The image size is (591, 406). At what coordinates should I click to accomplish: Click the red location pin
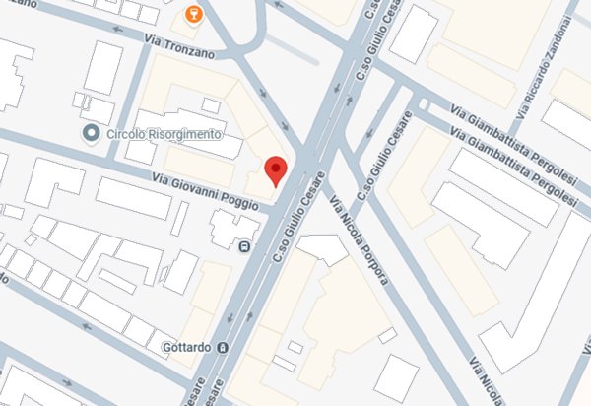point(278,169)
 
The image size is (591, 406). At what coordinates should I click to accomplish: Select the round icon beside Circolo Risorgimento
point(92,133)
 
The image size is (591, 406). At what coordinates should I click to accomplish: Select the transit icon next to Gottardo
point(224,348)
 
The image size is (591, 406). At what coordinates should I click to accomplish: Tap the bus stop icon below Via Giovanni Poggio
point(243,245)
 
